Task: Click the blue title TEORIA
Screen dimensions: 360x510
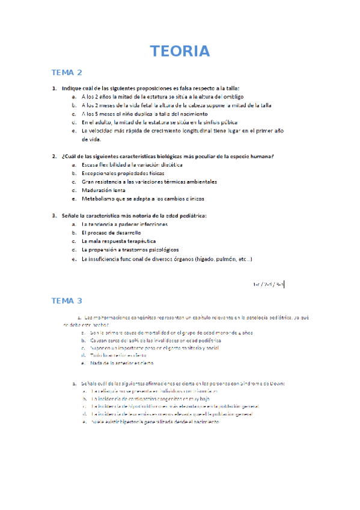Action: tap(180, 51)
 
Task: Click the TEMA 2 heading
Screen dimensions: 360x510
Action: tap(67, 73)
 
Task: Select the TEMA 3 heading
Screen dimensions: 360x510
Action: tap(67, 300)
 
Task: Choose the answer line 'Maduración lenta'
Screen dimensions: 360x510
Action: tap(103, 189)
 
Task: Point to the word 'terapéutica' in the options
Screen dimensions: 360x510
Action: tap(140, 241)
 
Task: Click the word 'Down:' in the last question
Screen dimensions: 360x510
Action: tap(276, 382)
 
